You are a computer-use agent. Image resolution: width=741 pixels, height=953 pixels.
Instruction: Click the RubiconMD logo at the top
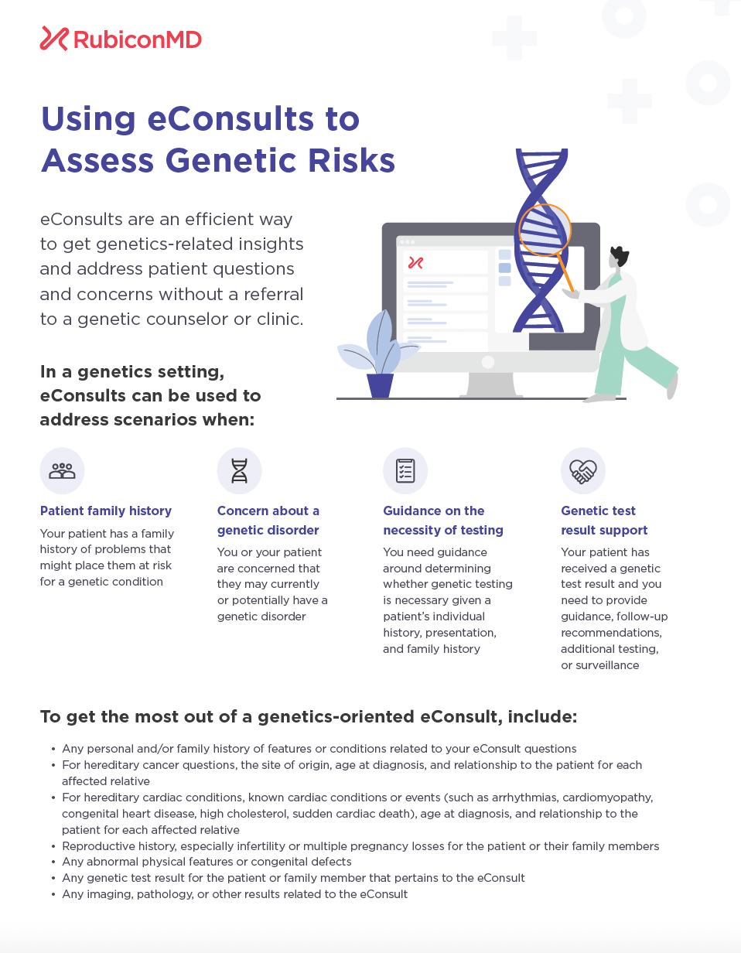point(121,39)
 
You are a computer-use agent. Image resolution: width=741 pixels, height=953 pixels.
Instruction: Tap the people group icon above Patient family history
point(62,470)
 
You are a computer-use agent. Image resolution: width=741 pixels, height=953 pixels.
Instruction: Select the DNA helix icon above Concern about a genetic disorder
point(240,470)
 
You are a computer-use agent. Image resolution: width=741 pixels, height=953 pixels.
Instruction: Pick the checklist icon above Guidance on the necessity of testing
point(405,470)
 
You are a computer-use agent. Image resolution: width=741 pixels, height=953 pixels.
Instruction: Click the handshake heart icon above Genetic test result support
point(582,471)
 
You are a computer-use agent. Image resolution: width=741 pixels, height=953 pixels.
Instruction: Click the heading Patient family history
point(106,511)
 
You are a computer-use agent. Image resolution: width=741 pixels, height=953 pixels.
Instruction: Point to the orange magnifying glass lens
point(545,230)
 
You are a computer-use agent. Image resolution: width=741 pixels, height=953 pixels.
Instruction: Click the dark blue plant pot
point(380,385)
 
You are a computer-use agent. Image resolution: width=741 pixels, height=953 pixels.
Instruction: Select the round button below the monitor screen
point(487,362)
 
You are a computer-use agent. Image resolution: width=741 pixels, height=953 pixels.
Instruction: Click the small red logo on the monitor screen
point(415,263)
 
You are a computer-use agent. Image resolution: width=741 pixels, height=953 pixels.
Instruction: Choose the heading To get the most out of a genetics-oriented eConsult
point(309,716)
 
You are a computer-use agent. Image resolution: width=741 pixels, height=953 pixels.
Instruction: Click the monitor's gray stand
point(491,384)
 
